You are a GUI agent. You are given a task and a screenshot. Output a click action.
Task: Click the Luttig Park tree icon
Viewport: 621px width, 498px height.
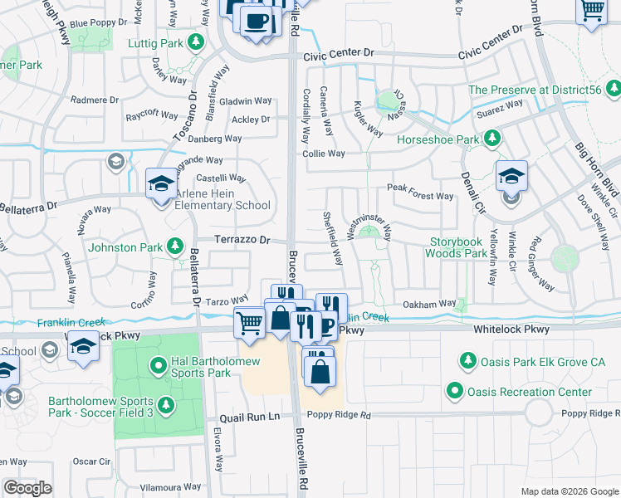(x=196, y=41)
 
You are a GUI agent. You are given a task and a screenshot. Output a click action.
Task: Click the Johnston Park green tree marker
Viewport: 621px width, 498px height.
(x=174, y=245)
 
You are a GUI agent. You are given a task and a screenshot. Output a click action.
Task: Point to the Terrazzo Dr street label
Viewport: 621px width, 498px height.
(x=243, y=240)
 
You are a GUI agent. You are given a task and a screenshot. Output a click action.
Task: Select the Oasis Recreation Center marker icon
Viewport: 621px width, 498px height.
(x=454, y=391)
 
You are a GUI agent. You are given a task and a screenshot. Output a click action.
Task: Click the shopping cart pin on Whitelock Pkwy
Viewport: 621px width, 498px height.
(x=249, y=323)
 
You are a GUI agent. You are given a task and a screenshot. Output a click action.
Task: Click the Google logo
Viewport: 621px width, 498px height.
(x=27, y=488)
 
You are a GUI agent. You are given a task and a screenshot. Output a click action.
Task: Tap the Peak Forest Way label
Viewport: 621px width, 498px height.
(x=420, y=197)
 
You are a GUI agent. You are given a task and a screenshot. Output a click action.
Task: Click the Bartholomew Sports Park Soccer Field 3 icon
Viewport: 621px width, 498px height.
(x=166, y=404)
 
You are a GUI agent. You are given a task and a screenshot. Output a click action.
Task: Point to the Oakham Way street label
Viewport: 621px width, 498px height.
(x=429, y=304)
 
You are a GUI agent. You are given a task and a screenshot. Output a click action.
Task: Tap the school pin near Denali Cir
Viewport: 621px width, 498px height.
(x=511, y=176)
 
